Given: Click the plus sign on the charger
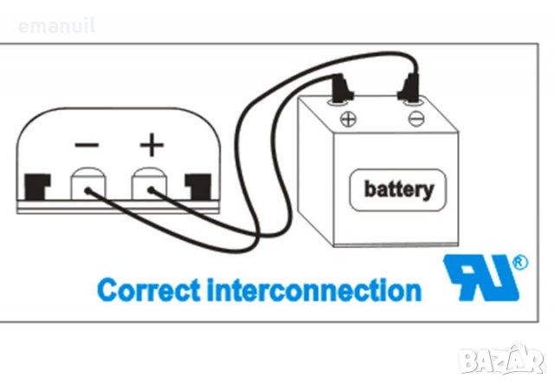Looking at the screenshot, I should [x=151, y=143].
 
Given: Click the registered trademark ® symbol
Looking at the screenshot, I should [x=519, y=261].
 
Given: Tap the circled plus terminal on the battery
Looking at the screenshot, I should [x=350, y=119].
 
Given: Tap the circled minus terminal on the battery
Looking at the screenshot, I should [x=415, y=119].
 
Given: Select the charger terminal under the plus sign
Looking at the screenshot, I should [x=149, y=184].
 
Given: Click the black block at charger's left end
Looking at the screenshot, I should [x=36, y=185].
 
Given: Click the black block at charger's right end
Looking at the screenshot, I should [x=198, y=185].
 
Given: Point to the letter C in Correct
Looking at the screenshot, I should [x=108, y=288].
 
